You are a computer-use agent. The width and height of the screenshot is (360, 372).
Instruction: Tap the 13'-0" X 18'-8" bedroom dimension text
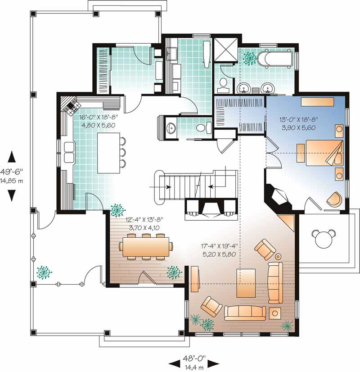click(297, 124)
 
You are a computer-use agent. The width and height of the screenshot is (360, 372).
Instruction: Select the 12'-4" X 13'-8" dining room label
click(145, 224)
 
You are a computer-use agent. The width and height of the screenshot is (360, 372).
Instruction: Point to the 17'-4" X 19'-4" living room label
click(219, 250)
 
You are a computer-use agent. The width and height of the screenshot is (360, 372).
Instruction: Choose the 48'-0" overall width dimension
click(194, 359)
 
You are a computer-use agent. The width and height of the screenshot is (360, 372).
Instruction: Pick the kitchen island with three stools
click(108, 152)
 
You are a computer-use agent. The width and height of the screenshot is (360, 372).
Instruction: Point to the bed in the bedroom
click(323, 153)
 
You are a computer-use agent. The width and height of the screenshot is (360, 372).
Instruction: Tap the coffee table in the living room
click(246, 282)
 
